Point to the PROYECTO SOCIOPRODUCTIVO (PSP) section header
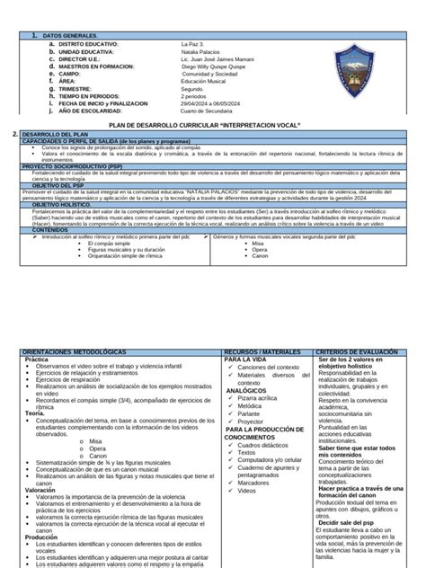coord(67,166)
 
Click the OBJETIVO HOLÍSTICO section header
coord(58,206)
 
